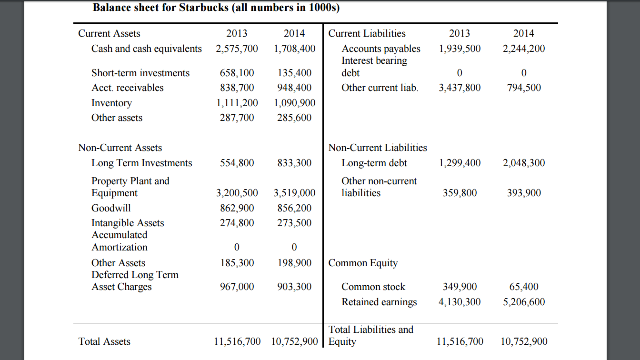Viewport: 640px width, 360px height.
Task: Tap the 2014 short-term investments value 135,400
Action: [294, 73]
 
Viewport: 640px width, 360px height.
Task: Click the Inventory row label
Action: [111, 103]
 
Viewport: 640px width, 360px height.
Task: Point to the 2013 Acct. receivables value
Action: [237, 88]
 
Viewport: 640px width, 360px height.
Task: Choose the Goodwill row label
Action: [111, 208]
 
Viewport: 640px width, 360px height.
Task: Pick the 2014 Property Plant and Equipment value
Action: [294, 193]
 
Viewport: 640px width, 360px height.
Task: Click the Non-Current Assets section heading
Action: [120, 148]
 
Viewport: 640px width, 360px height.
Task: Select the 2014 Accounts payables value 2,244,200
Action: [524, 49]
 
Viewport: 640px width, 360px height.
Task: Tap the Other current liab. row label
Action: [380, 88]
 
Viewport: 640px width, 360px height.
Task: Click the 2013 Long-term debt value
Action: [460, 163]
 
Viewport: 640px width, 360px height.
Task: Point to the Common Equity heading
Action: [363, 263]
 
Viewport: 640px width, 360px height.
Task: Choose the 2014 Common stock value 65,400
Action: [524, 287]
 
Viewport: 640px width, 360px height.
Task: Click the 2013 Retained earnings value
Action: [460, 302]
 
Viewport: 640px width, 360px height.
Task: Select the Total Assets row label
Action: [104, 341]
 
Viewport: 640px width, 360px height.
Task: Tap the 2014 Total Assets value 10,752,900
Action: [294, 341]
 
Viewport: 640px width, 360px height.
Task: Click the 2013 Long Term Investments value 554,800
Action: [237, 163]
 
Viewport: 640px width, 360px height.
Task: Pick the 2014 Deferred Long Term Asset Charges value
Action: [294, 287]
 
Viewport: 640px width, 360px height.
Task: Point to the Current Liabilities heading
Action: [367, 33]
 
